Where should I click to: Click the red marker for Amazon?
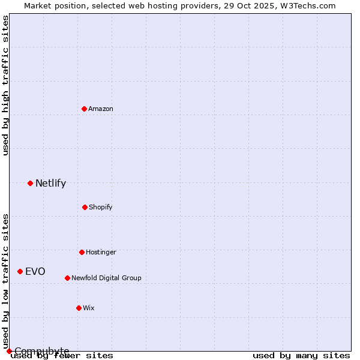pos(85,109)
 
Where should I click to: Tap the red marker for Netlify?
pos(30,183)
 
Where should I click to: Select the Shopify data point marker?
pos(85,207)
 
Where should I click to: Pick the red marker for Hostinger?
pos(82,252)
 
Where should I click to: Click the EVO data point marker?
pos(20,271)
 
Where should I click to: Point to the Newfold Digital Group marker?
pos(67,278)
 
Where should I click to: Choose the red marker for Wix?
pos(79,308)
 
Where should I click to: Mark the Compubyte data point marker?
pos(9,351)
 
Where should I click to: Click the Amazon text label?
pos(101,109)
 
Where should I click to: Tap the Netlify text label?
pos(50,184)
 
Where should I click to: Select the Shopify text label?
pos(101,207)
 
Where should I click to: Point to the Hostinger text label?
pos(101,252)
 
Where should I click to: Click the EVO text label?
pos(35,272)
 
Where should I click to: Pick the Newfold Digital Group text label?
pos(106,278)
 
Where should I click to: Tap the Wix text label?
pos(89,308)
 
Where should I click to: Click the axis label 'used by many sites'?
pos(301,355)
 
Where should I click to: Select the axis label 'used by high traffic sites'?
pos(5,85)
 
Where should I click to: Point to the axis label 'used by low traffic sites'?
pos(5,281)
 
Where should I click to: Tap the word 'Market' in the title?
pos(37,5)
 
